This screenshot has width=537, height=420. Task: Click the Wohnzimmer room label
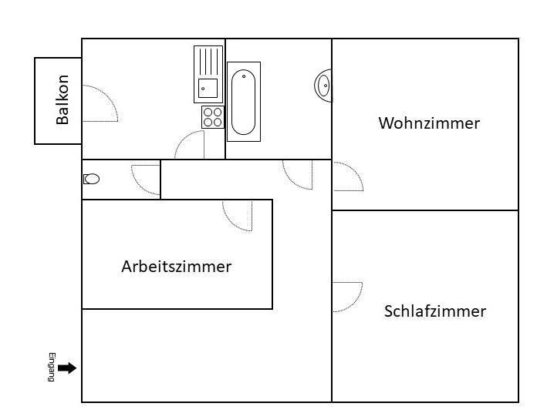coord(429,123)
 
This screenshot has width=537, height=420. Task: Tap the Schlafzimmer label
coord(434,311)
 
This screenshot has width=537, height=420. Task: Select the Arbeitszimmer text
coord(176,267)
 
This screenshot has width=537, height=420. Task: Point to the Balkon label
coord(62,99)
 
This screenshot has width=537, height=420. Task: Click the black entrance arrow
coord(67,368)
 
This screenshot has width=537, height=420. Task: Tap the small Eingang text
coord(52,367)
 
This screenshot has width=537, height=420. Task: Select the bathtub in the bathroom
coord(243,101)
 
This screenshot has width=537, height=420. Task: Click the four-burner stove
coord(212,117)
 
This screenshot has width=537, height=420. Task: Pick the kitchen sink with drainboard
coord(208,74)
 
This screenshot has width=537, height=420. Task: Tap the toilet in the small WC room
coord(92,179)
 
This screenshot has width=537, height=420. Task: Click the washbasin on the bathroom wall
coord(323,85)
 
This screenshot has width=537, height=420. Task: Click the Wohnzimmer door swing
coord(347,176)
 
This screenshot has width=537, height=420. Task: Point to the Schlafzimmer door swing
coord(346,297)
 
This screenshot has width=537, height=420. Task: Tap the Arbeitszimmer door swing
coord(238,215)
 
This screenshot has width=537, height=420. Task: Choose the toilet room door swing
coord(145,180)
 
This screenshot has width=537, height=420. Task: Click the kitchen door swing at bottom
coord(191,146)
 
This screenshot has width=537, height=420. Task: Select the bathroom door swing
coord(298,173)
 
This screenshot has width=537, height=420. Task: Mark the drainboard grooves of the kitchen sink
coord(208,62)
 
